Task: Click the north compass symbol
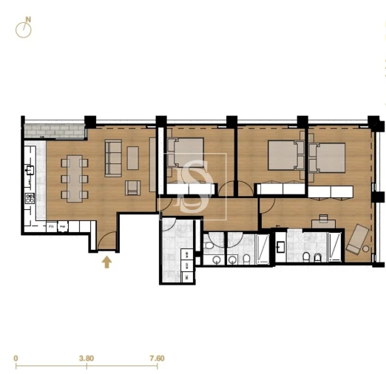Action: [25, 29]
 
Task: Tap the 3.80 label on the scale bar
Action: [87, 358]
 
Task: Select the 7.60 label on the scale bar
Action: [156, 358]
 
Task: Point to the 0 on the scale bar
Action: [16, 358]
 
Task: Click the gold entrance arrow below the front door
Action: [107, 261]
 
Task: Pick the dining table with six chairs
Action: [74, 177]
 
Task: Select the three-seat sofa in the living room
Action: [114, 156]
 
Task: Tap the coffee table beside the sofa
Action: [132, 157]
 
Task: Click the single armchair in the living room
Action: [132, 187]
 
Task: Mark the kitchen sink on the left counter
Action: [30, 170]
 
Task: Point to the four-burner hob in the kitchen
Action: [30, 198]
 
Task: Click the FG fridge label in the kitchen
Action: [53, 227]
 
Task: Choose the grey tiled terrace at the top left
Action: [53, 131]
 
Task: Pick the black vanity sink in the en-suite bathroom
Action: [281, 246]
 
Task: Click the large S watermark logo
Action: [192, 186]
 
